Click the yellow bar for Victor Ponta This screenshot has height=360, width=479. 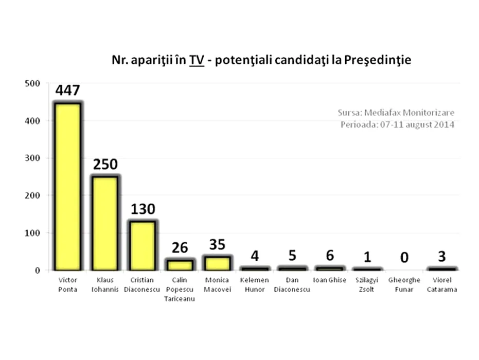(x=68, y=186)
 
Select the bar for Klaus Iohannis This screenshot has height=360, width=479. (x=105, y=223)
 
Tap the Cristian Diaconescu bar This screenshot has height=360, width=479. (x=142, y=245)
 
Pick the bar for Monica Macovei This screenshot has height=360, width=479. (x=217, y=263)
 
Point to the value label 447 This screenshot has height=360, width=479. (x=68, y=92)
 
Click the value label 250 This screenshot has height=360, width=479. (x=105, y=165)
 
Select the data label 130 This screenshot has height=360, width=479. (x=143, y=209)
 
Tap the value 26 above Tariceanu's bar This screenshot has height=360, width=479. (x=180, y=248)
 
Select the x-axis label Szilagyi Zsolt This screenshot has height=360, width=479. (x=366, y=284)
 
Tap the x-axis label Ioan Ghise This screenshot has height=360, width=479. (x=329, y=280)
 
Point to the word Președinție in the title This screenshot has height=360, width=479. (x=381, y=61)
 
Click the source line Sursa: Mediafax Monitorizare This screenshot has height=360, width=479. (x=396, y=113)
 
